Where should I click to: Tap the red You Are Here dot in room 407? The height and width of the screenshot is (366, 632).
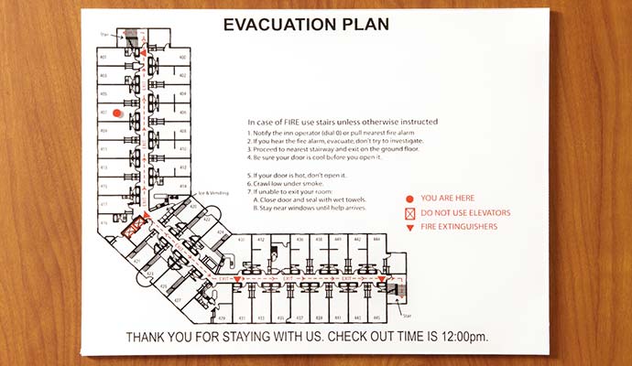coord(116,113)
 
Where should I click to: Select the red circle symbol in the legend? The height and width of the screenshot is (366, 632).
coord(410,198)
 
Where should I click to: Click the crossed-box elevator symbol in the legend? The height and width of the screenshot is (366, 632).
coord(410,213)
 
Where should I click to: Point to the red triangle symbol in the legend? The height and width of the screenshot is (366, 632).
coord(410,229)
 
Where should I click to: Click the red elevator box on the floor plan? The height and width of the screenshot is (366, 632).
coord(133,222)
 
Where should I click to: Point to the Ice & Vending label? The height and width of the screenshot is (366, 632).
coord(212,193)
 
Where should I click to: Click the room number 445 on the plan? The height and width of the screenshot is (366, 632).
coord(376,318)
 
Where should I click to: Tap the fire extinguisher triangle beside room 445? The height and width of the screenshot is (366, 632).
coord(382,279)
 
